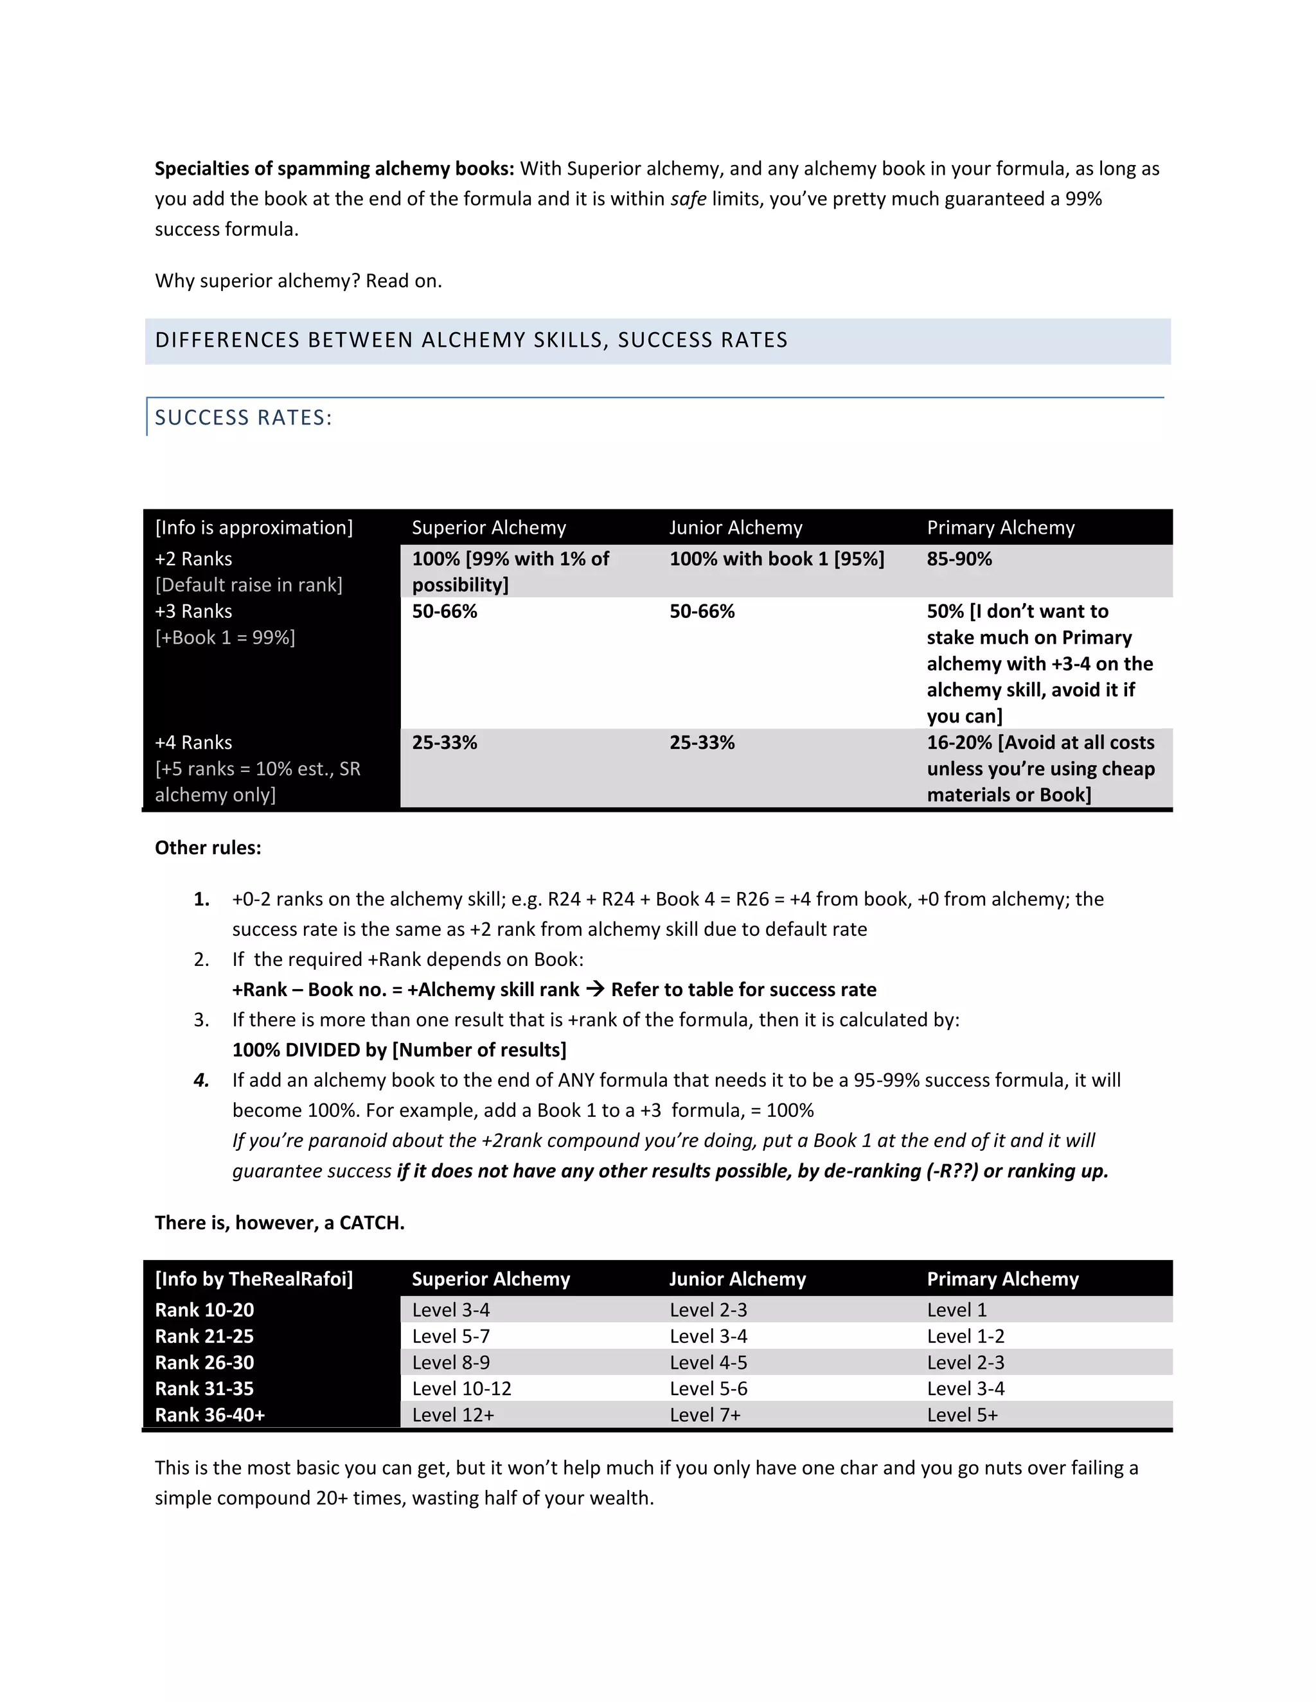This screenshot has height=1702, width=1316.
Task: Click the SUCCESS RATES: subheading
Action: (x=244, y=417)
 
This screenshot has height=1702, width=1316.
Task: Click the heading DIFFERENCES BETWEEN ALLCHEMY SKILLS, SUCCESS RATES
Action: (x=471, y=340)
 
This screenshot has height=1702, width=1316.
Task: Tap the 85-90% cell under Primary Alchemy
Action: (x=959, y=559)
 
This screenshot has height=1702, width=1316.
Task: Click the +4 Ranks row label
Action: (x=193, y=742)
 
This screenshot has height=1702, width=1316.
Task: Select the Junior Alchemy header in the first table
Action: (x=735, y=527)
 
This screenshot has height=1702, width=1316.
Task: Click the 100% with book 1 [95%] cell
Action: (x=776, y=559)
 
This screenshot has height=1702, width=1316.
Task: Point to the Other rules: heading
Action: (x=208, y=848)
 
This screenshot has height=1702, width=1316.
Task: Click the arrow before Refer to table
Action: (x=595, y=989)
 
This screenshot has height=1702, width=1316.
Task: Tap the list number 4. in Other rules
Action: (x=201, y=1080)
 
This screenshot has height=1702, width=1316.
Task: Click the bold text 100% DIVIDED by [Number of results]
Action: (x=399, y=1049)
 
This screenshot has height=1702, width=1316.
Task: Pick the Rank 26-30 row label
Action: (x=204, y=1362)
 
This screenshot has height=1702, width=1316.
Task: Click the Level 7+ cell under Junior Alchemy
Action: (x=705, y=1415)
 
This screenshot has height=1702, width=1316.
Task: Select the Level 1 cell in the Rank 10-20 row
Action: (x=957, y=1310)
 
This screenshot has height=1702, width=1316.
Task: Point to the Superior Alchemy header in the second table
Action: (x=490, y=1279)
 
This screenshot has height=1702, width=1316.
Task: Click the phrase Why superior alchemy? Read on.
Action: (x=298, y=281)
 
